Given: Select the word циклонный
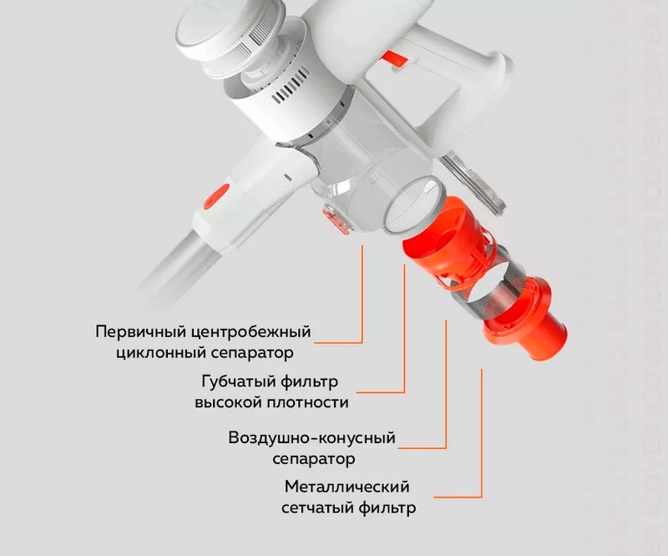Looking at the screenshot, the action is (159, 353).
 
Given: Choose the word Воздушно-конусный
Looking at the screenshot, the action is (311, 438).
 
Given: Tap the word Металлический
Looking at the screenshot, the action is (347, 487).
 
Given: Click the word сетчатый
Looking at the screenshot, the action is (316, 508).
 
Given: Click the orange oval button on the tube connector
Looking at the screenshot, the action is (216, 196).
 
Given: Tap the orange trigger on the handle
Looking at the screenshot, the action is (395, 58).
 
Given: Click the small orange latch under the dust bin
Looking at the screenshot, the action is (337, 220).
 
